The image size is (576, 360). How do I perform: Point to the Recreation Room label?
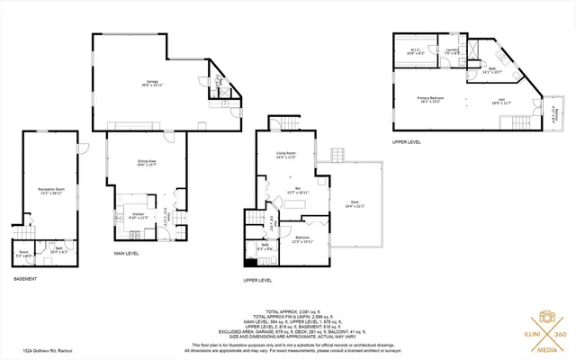50,191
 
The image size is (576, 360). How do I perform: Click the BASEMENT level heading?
24,279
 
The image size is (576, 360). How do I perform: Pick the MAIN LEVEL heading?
125,254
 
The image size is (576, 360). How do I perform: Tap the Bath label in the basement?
58,249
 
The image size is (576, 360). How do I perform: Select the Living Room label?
286,156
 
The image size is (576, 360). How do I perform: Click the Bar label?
297,190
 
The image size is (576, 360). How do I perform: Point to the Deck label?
357,204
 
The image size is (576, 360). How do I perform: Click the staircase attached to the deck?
341,156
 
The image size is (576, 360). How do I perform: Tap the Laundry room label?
452,51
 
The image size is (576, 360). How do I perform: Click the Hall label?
501,101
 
